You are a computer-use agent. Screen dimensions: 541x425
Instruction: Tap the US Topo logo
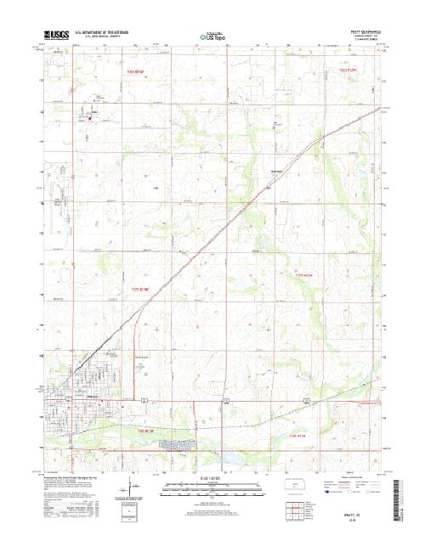[x=212, y=37]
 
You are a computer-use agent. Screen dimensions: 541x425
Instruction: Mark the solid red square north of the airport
[x=89, y=118]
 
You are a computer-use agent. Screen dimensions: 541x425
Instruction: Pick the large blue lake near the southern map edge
[x=231, y=465]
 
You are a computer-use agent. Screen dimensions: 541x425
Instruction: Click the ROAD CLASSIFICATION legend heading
[x=356, y=482]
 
